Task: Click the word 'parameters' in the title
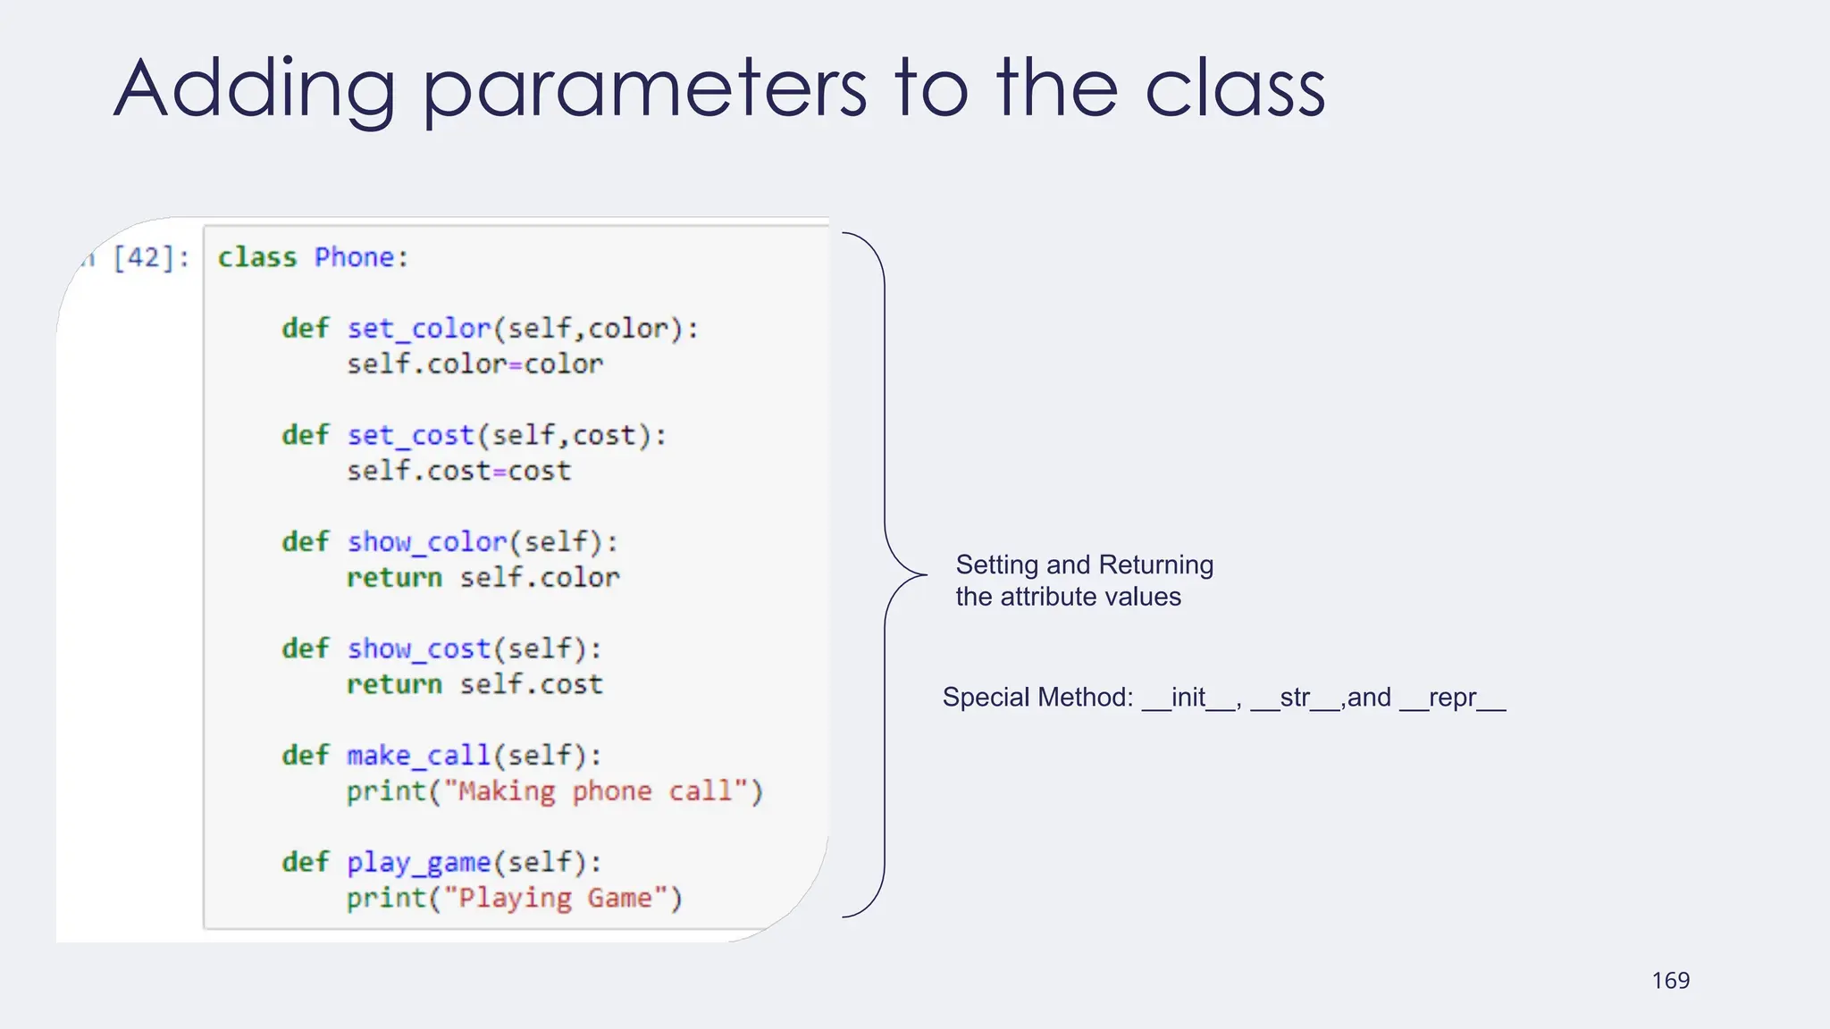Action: click(x=643, y=89)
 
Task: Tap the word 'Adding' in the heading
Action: click(x=255, y=89)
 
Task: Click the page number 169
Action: click(x=1670, y=981)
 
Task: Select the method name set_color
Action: click(x=419, y=329)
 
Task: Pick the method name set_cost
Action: click(x=410, y=435)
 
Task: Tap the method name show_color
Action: click(x=427, y=542)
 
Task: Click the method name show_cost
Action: click(x=419, y=648)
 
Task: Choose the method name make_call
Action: click(x=419, y=756)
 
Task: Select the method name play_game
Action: click(x=419, y=863)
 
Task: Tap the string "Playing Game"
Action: click(x=563, y=898)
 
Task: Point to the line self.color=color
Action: click(x=474, y=364)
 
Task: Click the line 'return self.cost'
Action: click(x=474, y=684)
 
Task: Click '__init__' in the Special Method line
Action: click(x=1188, y=698)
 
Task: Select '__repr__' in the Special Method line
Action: click(x=1452, y=698)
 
